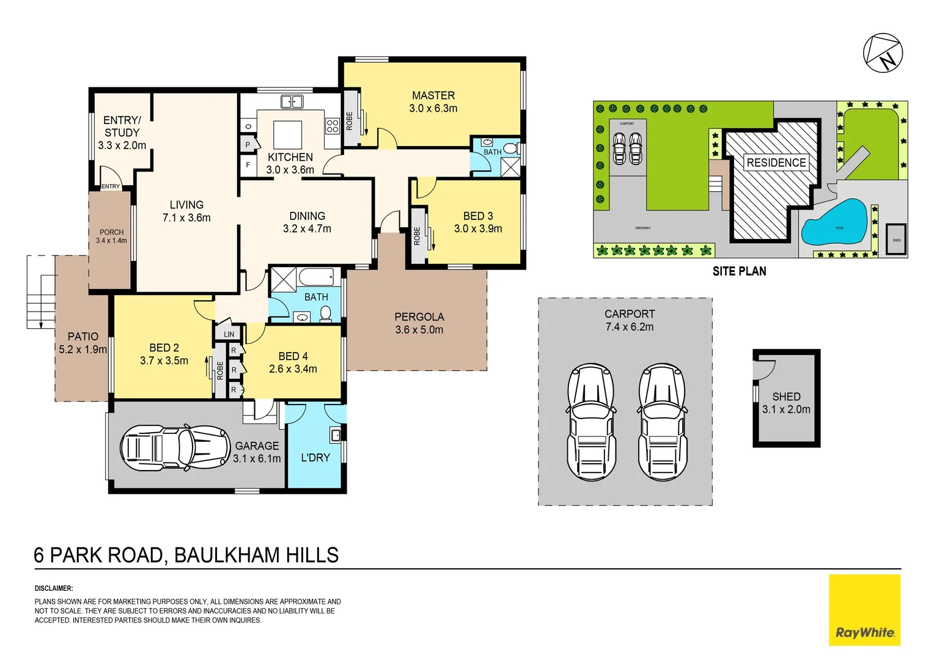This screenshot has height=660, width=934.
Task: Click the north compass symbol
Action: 883,53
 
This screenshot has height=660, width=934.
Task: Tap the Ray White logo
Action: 864,610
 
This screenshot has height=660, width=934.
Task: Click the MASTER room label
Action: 433,95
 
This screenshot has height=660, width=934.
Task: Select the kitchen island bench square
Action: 287,132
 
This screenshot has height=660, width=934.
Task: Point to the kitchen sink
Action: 292,101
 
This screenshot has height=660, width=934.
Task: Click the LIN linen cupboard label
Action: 229,334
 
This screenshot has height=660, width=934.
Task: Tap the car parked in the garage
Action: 175,447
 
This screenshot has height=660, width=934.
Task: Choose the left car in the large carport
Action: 591,422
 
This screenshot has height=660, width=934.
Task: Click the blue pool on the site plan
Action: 835,222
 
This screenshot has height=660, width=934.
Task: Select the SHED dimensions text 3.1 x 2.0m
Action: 786,409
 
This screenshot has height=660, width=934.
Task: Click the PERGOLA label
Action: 419,317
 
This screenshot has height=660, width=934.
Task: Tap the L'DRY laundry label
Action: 315,457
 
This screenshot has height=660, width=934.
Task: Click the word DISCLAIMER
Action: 54,588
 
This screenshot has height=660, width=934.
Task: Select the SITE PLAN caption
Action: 739,271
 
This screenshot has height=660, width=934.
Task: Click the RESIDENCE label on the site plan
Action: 776,163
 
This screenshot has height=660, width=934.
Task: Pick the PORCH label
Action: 111,232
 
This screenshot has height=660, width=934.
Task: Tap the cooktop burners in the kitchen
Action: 333,126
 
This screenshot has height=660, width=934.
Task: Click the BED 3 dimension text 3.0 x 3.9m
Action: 477,229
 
